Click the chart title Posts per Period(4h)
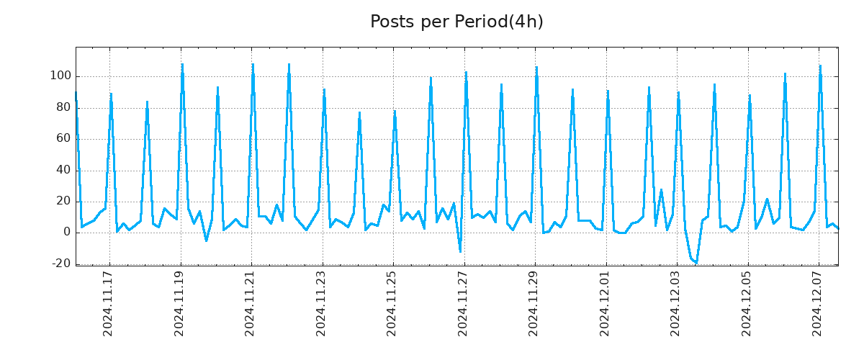tap(456, 22)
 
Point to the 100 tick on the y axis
tap(60, 76)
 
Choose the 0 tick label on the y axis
tap(66, 232)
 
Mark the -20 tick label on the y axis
tap(60, 264)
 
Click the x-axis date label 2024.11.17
tap(109, 303)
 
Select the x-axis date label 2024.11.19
tap(180, 303)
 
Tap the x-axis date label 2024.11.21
tap(251, 303)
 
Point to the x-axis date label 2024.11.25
tap(392, 303)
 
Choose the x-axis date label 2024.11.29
tap(534, 303)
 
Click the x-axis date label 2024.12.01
tap(605, 303)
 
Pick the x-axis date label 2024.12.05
tap(747, 303)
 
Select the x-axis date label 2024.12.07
tap(818, 303)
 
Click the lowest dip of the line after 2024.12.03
tap(696, 263)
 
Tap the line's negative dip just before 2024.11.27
tap(460, 251)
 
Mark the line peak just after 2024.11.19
tap(182, 64)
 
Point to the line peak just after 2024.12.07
tap(820, 66)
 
